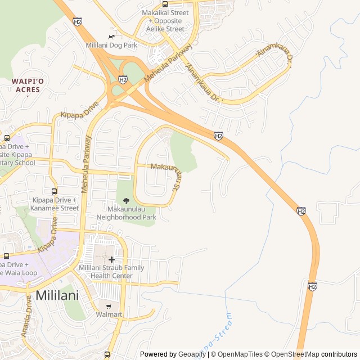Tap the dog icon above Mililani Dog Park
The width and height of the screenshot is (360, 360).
click(x=111, y=36)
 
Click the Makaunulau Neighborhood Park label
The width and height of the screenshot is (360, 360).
click(x=126, y=213)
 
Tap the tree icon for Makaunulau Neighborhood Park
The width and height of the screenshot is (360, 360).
click(x=126, y=201)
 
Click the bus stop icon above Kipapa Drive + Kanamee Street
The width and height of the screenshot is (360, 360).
click(x=54, y=191)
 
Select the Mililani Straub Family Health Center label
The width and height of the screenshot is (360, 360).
click(x=111, y=272)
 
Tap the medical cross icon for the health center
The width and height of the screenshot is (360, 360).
click(x=111, y=259)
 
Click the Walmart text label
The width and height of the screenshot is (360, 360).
click(x=110, y=314)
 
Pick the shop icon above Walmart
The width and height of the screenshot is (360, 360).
click(x=109, y=305)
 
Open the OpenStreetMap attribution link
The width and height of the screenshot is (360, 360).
click(x=292, y=354)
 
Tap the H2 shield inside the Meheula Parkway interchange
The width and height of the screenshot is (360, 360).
click(x=123, y=80)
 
